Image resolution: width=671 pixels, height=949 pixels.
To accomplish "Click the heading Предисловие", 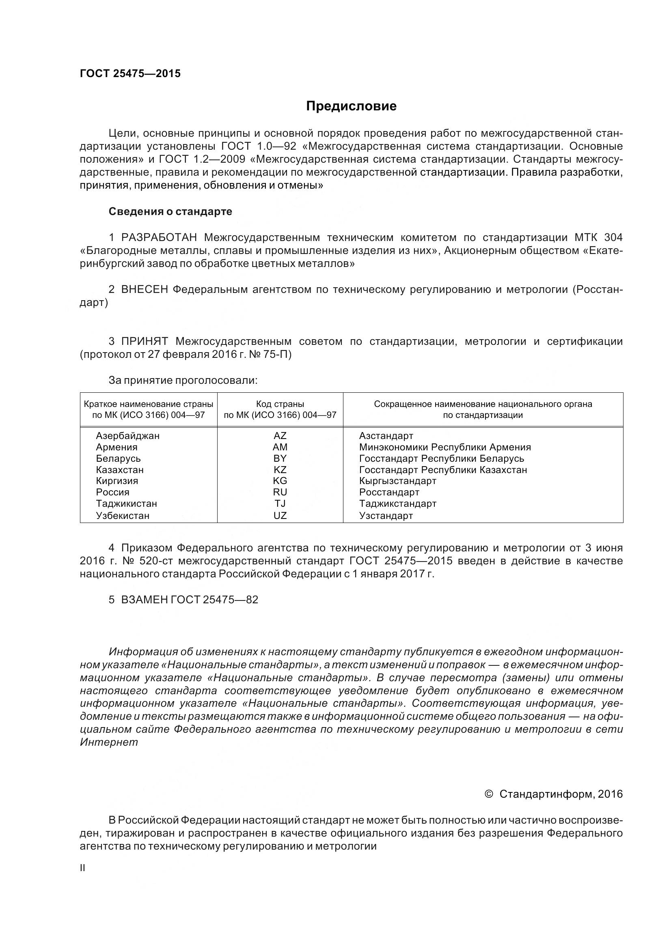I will pos(351,106).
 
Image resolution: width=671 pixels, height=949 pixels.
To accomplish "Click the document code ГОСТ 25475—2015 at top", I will pos(130,73).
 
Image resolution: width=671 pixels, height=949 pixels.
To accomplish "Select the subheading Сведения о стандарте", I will pos(170,212).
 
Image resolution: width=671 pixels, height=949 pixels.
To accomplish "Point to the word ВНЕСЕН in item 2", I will pos(144,289).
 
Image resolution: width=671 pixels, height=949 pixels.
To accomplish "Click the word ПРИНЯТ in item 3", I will pos(144,341).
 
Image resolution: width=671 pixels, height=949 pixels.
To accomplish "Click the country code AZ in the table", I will pos(280,436).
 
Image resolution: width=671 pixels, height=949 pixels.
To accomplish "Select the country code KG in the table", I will pos(280,481).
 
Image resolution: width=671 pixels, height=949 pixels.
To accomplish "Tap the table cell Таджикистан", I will pos(127,504).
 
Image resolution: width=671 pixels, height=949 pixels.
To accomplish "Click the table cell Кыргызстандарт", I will pos(397,481).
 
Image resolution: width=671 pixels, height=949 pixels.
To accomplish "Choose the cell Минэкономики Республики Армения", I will pos(445,447).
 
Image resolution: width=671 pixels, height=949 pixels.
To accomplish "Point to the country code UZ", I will pos(280,515).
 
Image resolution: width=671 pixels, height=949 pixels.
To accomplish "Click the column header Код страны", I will pos(280,404).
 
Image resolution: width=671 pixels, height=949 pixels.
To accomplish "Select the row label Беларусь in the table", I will pos(118,458).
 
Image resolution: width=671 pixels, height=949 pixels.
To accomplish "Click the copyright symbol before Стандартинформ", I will pos(488,794).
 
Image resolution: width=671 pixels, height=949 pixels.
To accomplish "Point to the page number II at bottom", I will pos(82,868).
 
